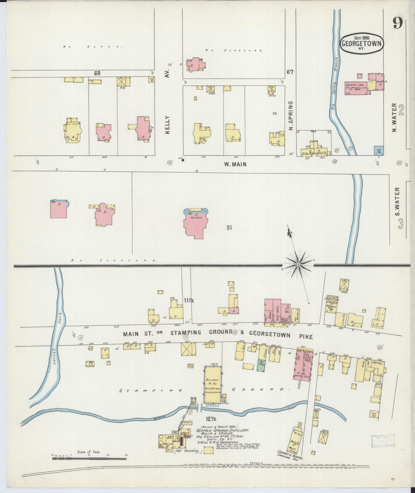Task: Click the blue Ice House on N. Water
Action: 379,151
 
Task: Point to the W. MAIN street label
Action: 235,164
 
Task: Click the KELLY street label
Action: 168,125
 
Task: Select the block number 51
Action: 229,228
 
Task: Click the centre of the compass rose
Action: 299,264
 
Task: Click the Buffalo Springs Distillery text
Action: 223,431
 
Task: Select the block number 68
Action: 97,73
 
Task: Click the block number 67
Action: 290,72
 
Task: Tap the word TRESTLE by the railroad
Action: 256,463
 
